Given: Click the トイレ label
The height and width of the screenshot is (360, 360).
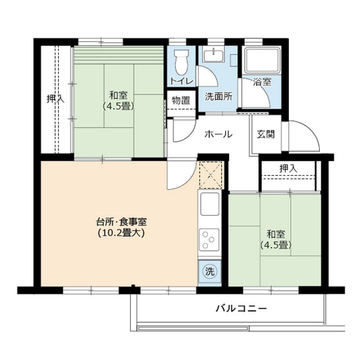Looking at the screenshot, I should tap(179, 81).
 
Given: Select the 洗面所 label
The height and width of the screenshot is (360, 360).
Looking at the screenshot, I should tap(218, 97).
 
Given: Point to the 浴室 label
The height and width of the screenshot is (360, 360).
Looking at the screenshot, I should tap(261, 81).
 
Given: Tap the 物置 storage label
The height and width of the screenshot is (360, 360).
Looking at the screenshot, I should tap(180, 100).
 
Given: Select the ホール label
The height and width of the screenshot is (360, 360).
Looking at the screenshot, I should tap(218, 134).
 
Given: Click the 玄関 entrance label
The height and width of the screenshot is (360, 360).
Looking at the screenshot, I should tap(265, 134).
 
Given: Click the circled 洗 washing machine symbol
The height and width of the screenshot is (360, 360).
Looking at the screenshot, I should tap(210, 272).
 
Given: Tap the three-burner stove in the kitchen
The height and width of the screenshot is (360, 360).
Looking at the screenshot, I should tap(209, 240).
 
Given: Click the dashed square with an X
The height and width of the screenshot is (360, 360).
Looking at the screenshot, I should tap(210, 175).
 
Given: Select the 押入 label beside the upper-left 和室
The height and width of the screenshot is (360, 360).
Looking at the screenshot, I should tap(55, 98).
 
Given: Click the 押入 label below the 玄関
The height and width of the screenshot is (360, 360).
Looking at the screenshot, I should tap(288, 168).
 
